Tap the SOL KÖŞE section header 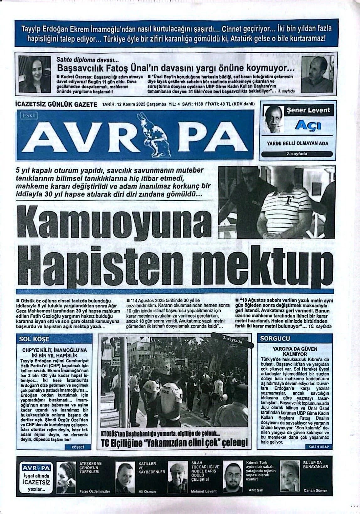tap(34, 339)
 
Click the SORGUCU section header tap(271, 338)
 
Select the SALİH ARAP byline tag tap(319, 447)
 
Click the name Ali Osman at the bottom tap(147, 491)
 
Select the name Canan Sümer tap(315, 490)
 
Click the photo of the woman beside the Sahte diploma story tap(35, 74)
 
